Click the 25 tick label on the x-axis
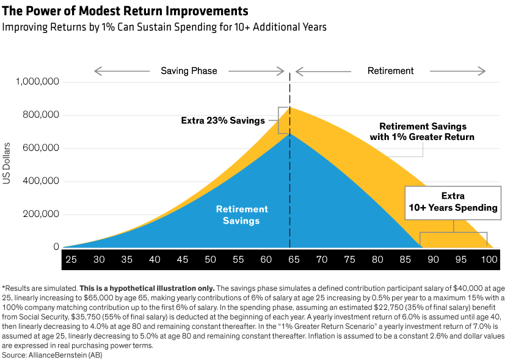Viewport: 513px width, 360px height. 71,260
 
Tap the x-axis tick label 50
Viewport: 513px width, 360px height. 210,260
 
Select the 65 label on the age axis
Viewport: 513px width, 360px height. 294,260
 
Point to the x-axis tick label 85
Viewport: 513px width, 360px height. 406,260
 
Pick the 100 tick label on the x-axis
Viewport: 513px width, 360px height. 489,260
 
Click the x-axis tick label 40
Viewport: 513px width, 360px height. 155,260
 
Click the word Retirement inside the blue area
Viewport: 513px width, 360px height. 242,209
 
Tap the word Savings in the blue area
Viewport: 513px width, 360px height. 242,221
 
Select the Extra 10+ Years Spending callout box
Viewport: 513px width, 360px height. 453,202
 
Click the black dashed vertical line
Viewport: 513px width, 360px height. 289,183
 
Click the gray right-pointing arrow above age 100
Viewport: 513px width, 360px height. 458,72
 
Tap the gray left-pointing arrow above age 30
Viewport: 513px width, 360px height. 122,72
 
